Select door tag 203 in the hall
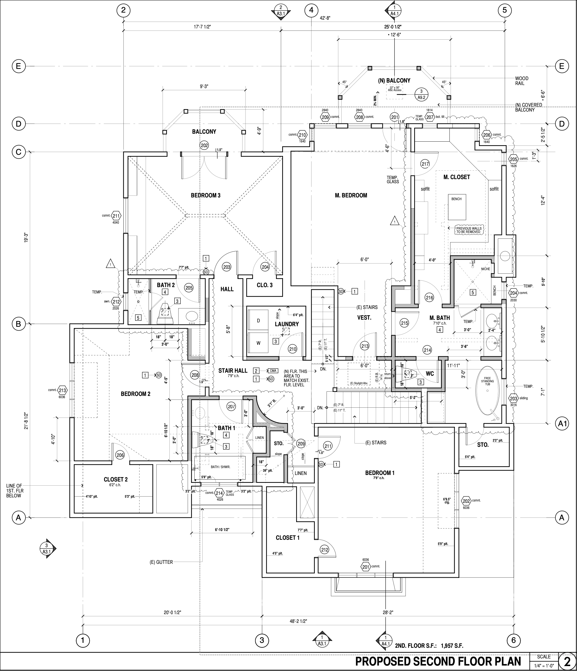227,267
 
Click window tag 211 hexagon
116,216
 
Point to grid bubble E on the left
19,66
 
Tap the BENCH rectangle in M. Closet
457,207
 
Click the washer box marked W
258,343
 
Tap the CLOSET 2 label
116,479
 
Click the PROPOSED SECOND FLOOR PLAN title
438,661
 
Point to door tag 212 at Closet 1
324,550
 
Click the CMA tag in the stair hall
273,370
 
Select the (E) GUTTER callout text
161,562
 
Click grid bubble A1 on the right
562,423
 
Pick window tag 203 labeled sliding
513,398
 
